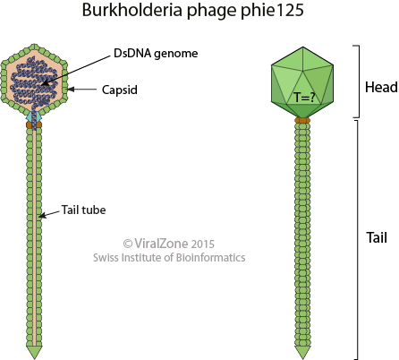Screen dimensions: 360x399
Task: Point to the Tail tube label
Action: pyautogui.click(x=88, y=212)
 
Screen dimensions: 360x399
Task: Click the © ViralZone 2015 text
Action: pyautogui.click(x=168, y=243)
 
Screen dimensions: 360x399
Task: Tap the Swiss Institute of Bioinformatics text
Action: pyautogui.click(x=168, y=258)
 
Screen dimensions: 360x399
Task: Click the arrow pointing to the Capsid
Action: pyautogui.click(x=86, y=89)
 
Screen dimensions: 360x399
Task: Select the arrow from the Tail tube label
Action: pyautogui.click(x=50, y=213)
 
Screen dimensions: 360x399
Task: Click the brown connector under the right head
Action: pyautogui.click(x=302, y=119)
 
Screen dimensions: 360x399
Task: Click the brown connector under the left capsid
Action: pyautogui.click(x=34, y=124)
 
